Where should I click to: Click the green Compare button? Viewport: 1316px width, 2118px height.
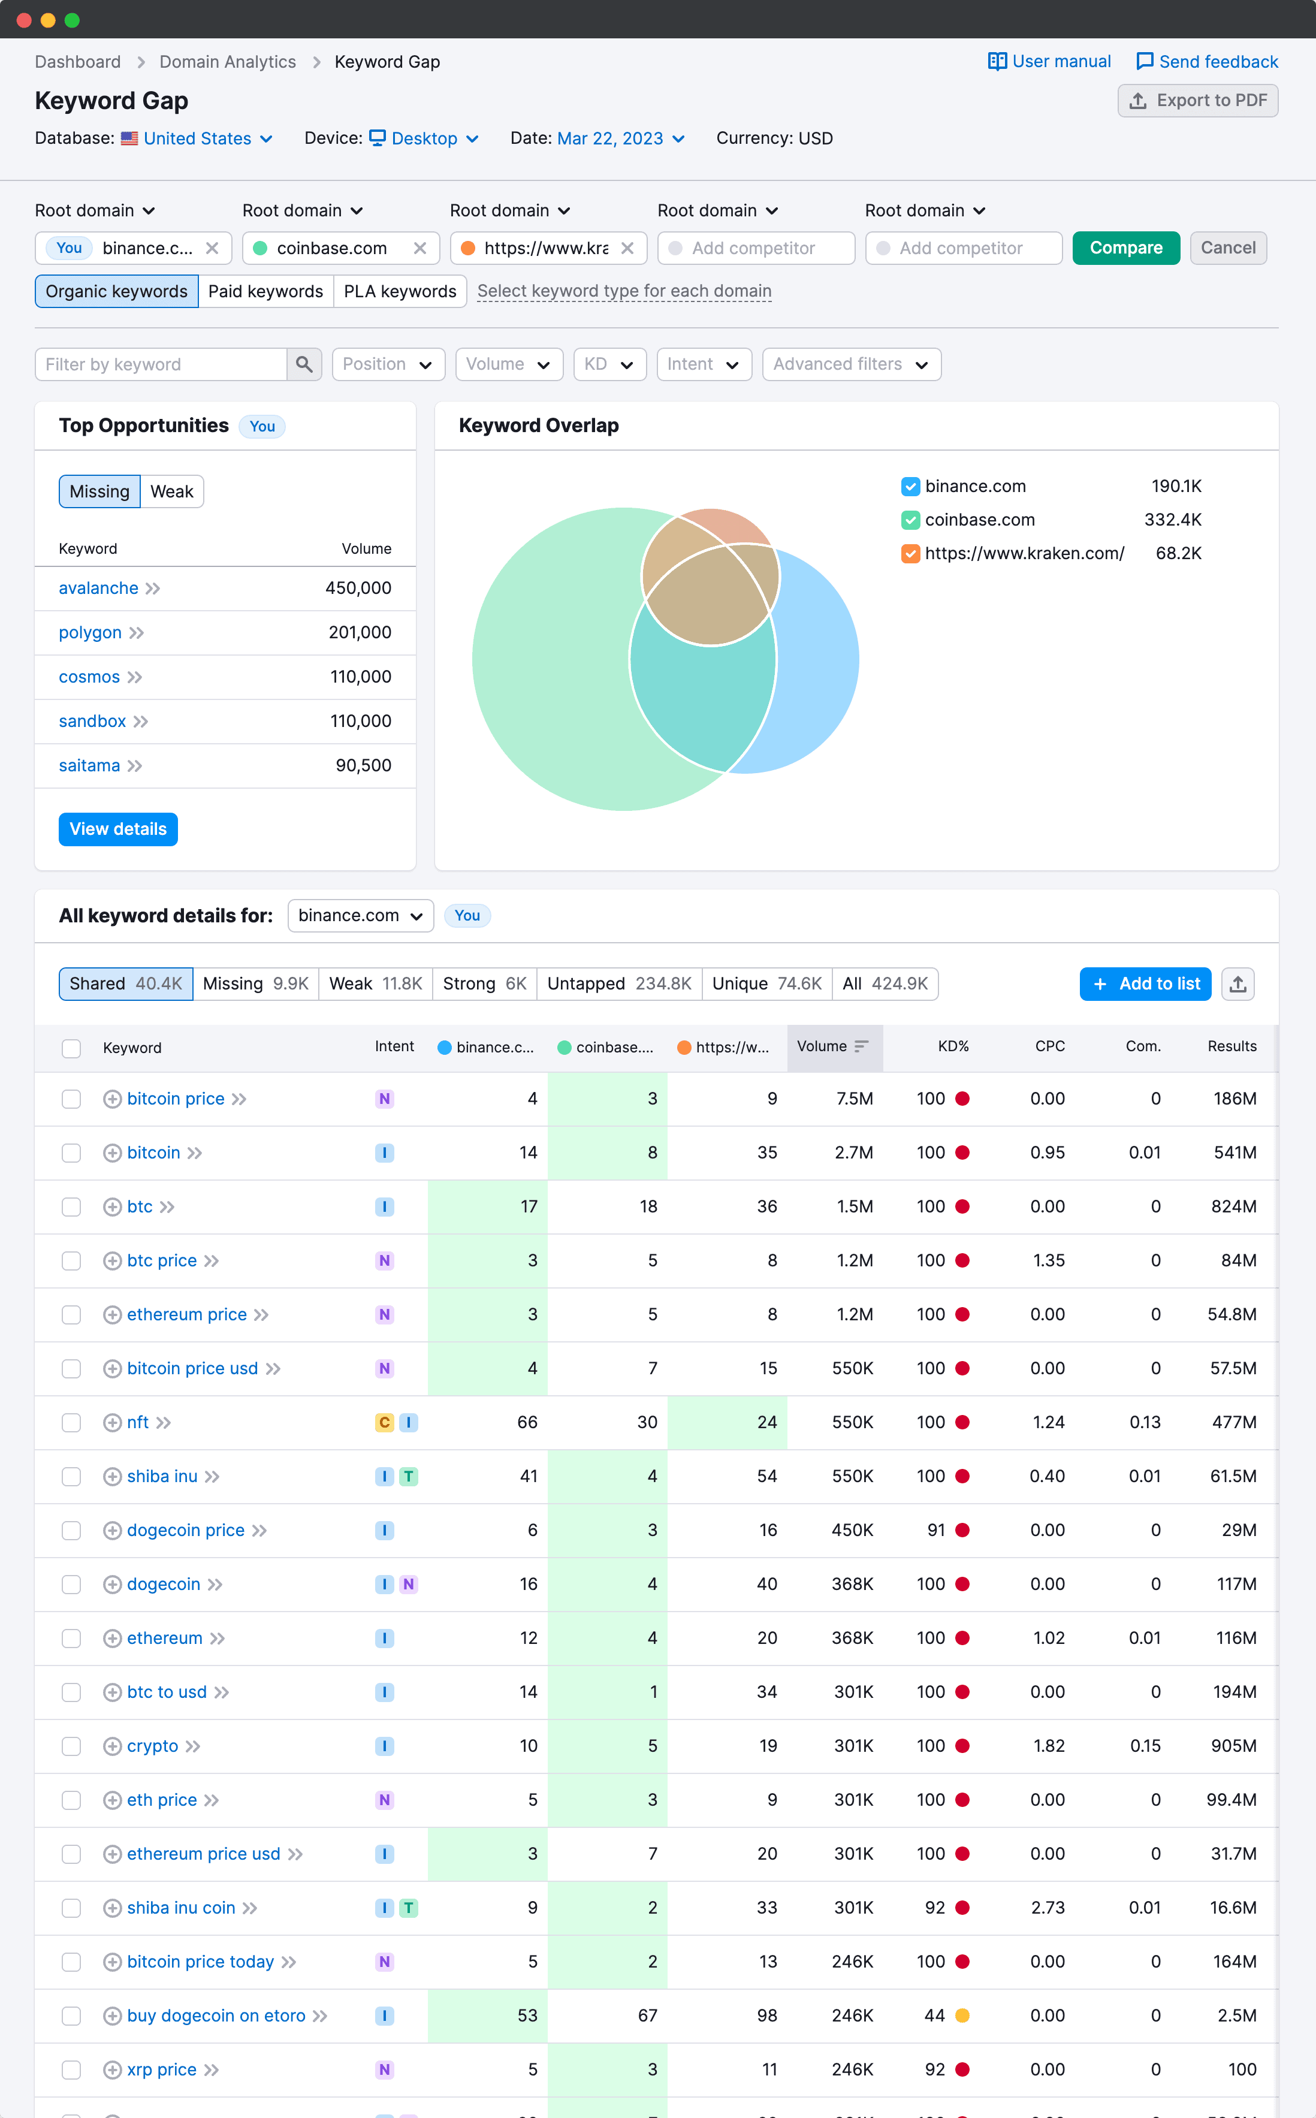pyautogui.click(x=1125, y=248)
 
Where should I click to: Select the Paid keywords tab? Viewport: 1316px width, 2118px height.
pyautogui.click(x=265, y=291)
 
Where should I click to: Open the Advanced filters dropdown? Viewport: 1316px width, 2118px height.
pyautogui.click(x=850, y=364)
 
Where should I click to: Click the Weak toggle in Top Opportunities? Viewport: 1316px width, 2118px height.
pyautogui.click(x=171, y=491)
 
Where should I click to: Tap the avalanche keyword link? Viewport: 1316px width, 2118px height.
pyautogui.click(x=98, y=589)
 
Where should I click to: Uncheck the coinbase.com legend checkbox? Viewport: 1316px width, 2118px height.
pyautogui.click(x=910, y=520)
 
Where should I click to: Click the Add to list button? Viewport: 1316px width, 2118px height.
pyautogui.click(x=1145, y=984)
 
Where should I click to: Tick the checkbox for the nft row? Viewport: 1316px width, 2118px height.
pyautogui.click(x=71, y=1423)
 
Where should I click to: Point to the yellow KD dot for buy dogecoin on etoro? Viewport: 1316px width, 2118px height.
pyautogui.click(x=962, y=2016)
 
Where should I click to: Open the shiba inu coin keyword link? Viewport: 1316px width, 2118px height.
pyautogui.click(x=181, y=1908)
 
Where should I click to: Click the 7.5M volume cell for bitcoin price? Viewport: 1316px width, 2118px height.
pyautogui.click(x=854, y=1099)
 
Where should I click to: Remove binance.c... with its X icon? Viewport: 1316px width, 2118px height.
pyautogui.click(x=212, y=248)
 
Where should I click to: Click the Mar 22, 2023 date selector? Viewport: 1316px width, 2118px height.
pyautogui.click(x=620, y=138)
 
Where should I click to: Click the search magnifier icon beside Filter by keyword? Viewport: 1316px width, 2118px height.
pyautogui.click(x=304, y=364)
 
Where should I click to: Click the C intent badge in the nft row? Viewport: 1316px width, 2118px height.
pyautogui.click(x=384, y=1423)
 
